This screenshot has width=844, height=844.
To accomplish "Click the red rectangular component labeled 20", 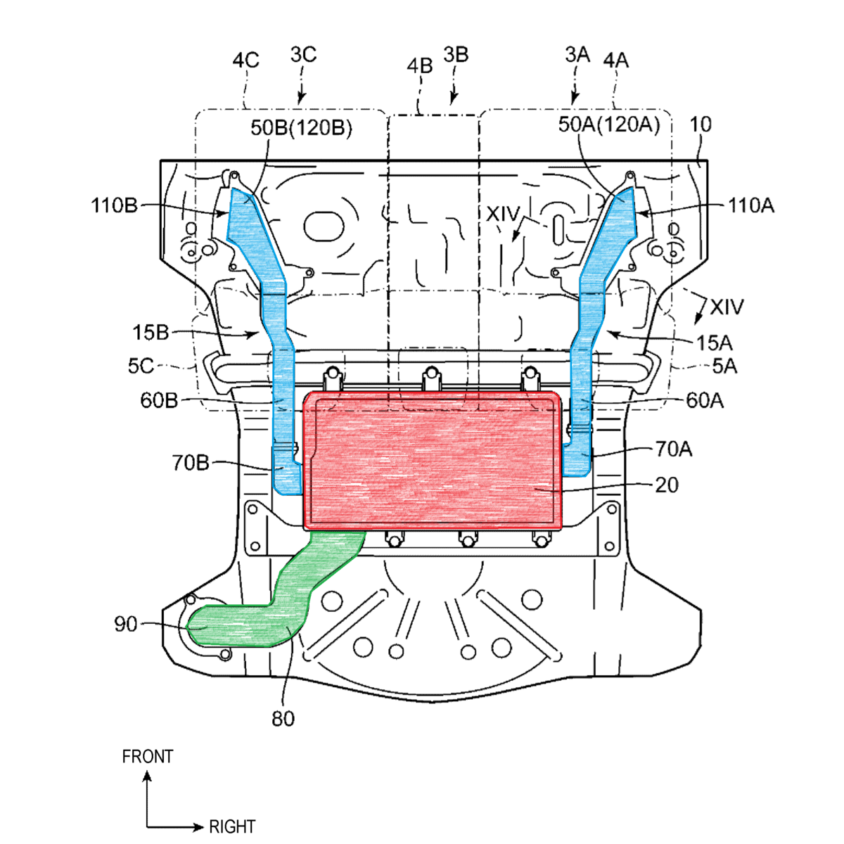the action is (433, 461).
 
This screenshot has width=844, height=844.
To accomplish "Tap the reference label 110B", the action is (115, 205).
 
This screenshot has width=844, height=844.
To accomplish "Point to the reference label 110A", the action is (750, 205).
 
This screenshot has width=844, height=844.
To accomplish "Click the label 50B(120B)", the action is (301, 128).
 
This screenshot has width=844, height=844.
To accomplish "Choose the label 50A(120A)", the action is (609, 124).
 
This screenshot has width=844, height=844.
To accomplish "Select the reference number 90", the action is (126, 624).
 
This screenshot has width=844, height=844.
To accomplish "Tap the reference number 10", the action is (701, 124).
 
